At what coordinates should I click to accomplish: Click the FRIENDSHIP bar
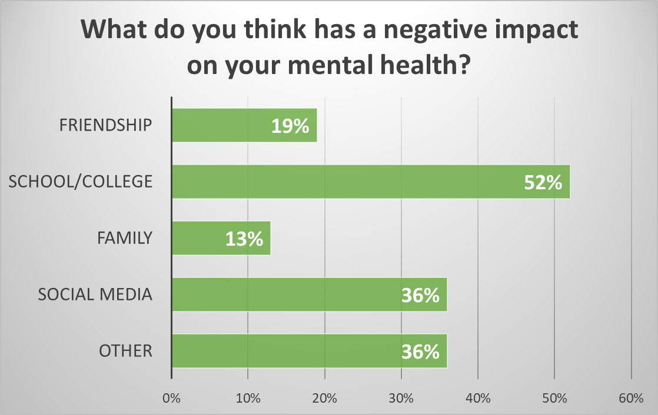[x=224, y=125]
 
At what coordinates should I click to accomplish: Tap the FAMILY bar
[x=200, y=238]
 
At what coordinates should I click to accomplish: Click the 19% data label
[x=291, y=126]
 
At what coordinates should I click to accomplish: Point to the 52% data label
[x=543, y=182]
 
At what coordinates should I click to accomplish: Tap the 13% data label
[x=244, y=239]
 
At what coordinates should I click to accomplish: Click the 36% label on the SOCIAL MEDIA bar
[x=421, y=295]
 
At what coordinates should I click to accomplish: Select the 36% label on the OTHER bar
[x=421, y=352]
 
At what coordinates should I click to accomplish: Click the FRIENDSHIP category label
[x=107, y=125]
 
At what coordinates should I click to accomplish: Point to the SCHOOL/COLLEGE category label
[x=81, y=182]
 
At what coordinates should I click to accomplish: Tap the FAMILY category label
[x=124, y=238]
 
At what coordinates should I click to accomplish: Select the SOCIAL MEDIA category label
[x=95, y=294]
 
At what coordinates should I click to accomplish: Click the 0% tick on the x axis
[x=171, y=399]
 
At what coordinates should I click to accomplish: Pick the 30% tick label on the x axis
[x=401, y=399]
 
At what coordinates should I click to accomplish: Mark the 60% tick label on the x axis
[x=631, y=399]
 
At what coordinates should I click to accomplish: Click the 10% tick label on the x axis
[x=248, y=399]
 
